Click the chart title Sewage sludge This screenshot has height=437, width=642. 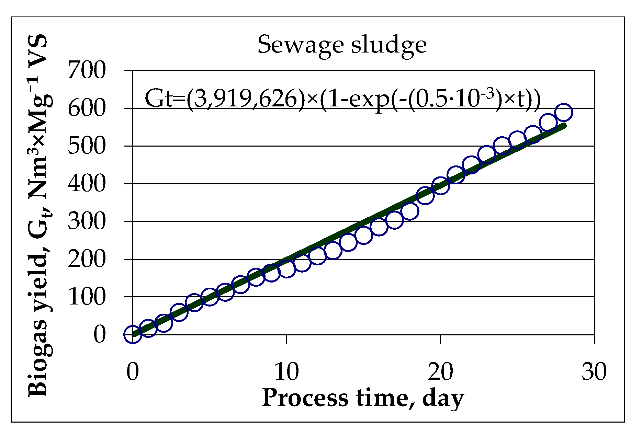(342, 45)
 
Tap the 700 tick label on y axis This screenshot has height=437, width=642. (87, 70)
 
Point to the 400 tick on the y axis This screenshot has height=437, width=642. (87, 184)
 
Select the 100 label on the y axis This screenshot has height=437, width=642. (87, 297)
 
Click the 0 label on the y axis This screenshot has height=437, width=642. (100, 334)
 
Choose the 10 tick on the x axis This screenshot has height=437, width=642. (286, 371)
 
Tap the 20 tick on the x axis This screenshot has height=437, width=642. (440, 371)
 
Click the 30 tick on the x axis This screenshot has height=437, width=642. (594, 371)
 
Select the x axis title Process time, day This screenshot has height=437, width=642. (363, 398)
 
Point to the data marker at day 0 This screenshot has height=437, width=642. (133, 334)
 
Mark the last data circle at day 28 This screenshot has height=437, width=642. (563, 113)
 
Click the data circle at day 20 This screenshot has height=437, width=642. (440, 186)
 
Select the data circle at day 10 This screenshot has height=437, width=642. (286, 269)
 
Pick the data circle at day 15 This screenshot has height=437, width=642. (363, 235)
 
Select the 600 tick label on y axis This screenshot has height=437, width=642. (87, 108)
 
